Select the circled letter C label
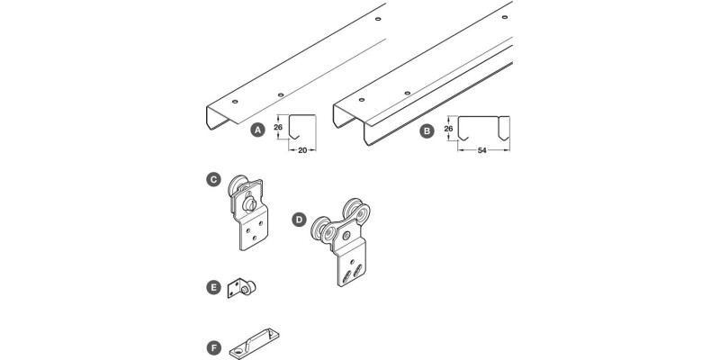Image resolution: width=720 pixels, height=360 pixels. point(212,180)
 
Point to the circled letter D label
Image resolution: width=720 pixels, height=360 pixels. point(299,219)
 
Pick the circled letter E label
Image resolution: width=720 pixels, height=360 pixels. point(212,288)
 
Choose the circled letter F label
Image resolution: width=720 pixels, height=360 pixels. point(212,346)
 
